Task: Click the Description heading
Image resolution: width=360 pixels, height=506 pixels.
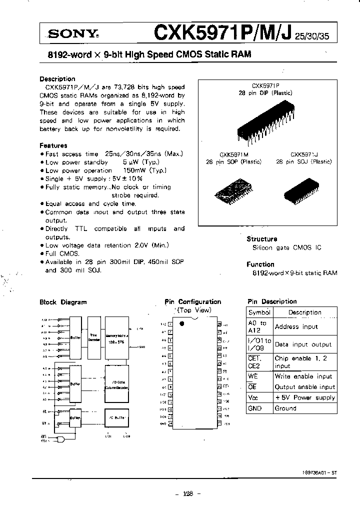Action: click(57, 78)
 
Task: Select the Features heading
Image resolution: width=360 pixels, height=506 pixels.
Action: click(53, 145)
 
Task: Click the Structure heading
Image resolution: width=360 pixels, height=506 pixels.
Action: click(261, 239)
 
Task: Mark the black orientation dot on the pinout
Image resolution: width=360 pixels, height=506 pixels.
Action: click(181, 323)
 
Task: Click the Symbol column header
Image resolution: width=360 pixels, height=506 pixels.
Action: click(259, 312)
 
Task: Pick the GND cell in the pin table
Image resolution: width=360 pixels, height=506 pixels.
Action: click(255, 408)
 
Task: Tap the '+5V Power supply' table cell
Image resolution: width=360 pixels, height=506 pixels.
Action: click(304, 397)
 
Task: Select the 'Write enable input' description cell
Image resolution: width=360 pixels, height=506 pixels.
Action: click(303, 376)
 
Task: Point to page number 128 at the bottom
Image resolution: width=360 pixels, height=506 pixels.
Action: click(187, 493)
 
